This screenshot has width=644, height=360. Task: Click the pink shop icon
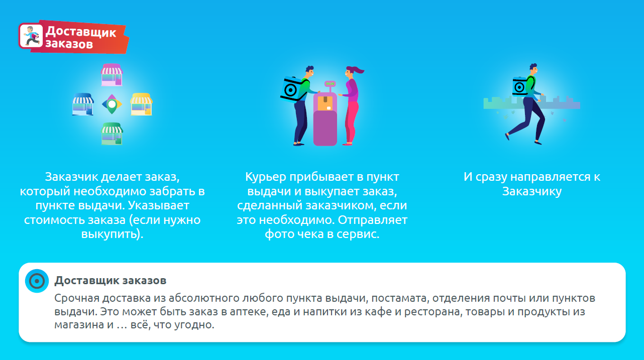(x=112, y=75)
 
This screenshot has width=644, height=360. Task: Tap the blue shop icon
(x=83, y=104)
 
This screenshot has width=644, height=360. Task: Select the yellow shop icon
(x=141, y=104)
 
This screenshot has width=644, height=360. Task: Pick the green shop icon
(x=112, y=134)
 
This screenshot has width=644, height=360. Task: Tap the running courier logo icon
(x=31, y=36)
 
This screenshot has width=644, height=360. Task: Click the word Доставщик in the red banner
(x=81, y=32)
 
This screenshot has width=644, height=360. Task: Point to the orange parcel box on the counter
(x=325, y=103)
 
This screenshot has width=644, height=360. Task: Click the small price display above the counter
(x=330, y=84)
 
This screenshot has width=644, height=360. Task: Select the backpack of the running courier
(x=520, y=86)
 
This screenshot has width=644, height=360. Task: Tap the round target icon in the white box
(x=37, y=281)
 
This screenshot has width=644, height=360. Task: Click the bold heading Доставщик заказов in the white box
(x=111, y=280)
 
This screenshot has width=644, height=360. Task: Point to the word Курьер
(x=266, y=177)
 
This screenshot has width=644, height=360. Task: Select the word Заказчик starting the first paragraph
(x=72, y=177)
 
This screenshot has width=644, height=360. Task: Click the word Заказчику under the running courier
(x=532, y=192)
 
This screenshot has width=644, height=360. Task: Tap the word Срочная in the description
(x=77, y=298)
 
